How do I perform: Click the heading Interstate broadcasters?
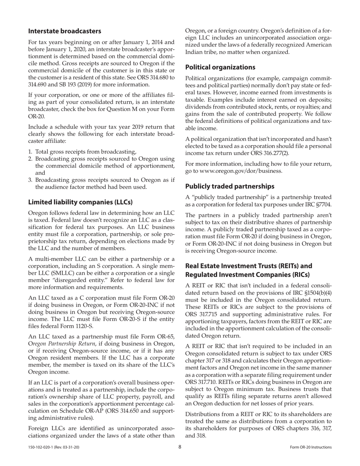65,31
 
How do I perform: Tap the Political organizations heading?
220,67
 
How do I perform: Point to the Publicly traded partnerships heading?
230,186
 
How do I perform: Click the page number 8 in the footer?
180,447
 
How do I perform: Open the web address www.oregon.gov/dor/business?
239,171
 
